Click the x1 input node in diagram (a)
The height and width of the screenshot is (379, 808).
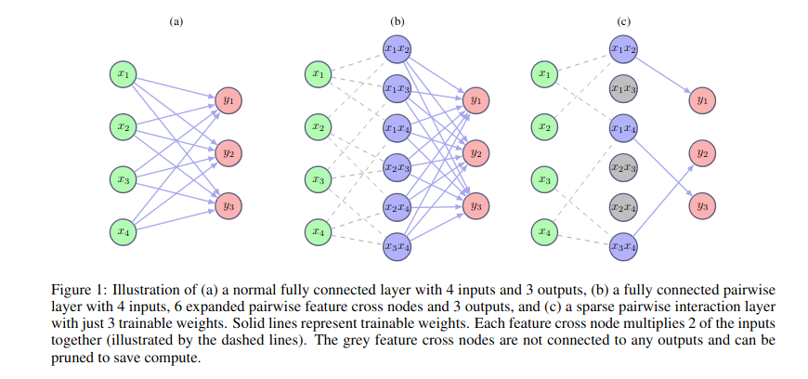pos(123,72)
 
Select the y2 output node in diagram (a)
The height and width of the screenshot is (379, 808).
pos(228,150)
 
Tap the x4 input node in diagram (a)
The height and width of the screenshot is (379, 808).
pos(123,229)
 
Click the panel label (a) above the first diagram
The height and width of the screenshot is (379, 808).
pos(176,20)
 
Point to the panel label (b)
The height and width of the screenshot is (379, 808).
pos(397,20)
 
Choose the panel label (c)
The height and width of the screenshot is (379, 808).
pos(623,20)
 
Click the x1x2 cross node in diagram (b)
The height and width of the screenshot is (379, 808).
pos(397,48)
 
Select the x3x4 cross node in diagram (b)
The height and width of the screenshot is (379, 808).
pos(397,246)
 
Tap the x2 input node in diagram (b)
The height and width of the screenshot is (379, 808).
pos(319,125)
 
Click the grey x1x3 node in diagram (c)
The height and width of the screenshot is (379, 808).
pos(623,88)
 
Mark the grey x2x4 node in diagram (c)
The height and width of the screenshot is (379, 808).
pos(623,207)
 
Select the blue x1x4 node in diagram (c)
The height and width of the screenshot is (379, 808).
pos(623,127)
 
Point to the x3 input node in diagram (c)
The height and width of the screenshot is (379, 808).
pos(546,177)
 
